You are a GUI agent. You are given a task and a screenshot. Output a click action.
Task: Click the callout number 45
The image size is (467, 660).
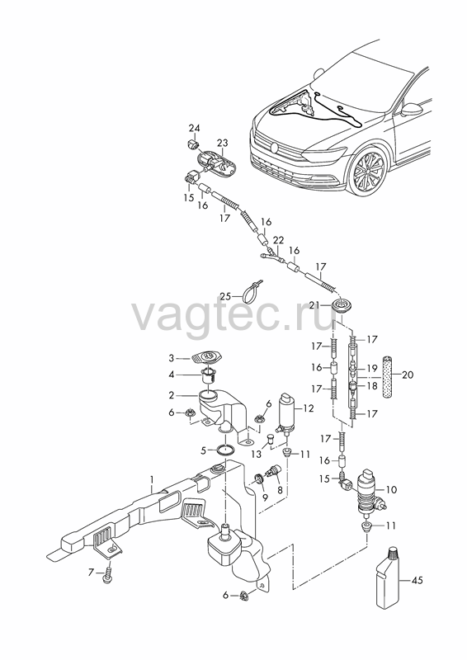(417, 581)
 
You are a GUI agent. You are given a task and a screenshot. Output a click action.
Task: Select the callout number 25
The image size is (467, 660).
(225, 296)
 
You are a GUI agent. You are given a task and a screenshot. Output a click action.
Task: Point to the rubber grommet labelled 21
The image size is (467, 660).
(340, 305)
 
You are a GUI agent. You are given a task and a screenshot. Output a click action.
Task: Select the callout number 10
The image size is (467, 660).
(391, 489)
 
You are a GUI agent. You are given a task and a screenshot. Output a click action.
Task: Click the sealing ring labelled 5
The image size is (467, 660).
(226, 450)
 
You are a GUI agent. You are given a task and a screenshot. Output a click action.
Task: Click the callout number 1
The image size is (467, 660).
(152, 479)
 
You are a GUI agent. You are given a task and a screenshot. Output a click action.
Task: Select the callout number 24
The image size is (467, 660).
(194, 128)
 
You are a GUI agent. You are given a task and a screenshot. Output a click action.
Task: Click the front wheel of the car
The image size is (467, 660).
(370, 170)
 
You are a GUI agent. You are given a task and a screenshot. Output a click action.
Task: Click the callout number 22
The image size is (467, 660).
(278, 240)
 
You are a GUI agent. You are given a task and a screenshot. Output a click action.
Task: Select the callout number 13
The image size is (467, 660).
(256, 455)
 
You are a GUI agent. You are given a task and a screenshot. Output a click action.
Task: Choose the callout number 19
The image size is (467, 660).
(372, 369)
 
